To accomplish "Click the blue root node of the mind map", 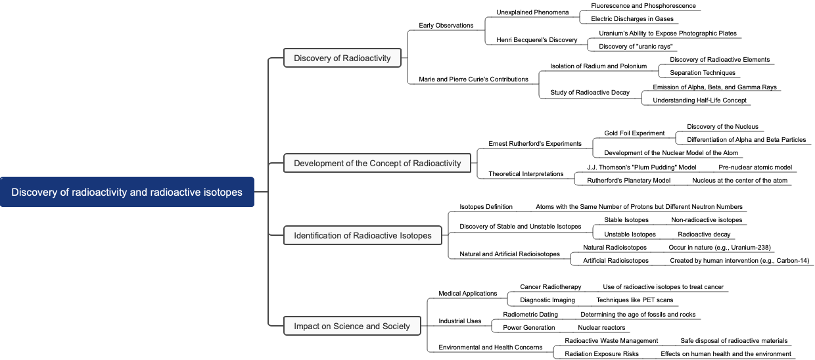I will [127, 192].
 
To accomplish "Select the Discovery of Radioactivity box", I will [342, 58].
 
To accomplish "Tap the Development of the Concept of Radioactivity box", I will [377, 163].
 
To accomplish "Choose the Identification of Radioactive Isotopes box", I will [362, 235].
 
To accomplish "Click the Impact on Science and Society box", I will [352, 326].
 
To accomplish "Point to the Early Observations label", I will [446, 26].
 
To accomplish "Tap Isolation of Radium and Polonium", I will [598, 66].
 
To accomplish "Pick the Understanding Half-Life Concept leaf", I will [699, 101].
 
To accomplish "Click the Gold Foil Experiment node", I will [634, 133].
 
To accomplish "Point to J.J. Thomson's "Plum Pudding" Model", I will [641, 168].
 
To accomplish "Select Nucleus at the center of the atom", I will [739, 181].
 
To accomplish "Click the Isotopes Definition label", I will [486, 207].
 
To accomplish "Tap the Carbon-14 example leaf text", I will [739, 261].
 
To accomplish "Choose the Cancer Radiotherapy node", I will [551, 287].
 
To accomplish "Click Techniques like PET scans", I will [634, 300].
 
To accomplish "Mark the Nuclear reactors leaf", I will [601, 328].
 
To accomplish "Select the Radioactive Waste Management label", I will [611, 341].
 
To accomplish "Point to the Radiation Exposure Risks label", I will [601, 354].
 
